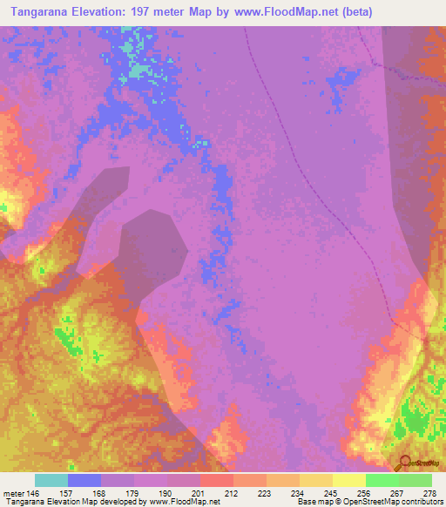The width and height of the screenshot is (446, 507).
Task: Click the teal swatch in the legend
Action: (51, 480)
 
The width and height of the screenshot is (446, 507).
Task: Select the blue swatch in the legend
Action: (84, 480)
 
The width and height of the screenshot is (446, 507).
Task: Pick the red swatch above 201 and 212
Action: (216, 480)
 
